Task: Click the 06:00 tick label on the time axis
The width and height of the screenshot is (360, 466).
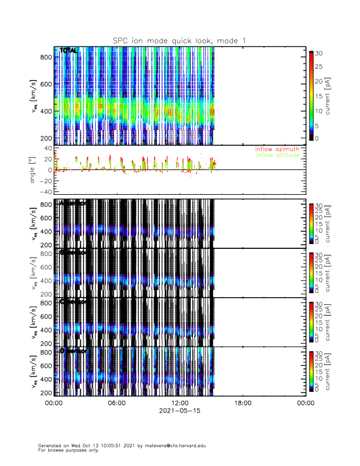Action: [x=116, y=403]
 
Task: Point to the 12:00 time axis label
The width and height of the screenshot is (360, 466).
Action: [x=179, y=403]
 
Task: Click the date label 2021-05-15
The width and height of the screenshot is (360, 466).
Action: [x=179, y=411]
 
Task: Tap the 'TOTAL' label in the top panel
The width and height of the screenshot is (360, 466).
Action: [x=68, y=51]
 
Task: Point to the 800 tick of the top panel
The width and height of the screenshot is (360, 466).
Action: [x=45, y=56]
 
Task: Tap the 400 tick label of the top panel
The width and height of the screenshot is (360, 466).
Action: [x=45, y=111]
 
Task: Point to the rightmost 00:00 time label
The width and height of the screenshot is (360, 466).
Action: [x=305, y=403]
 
